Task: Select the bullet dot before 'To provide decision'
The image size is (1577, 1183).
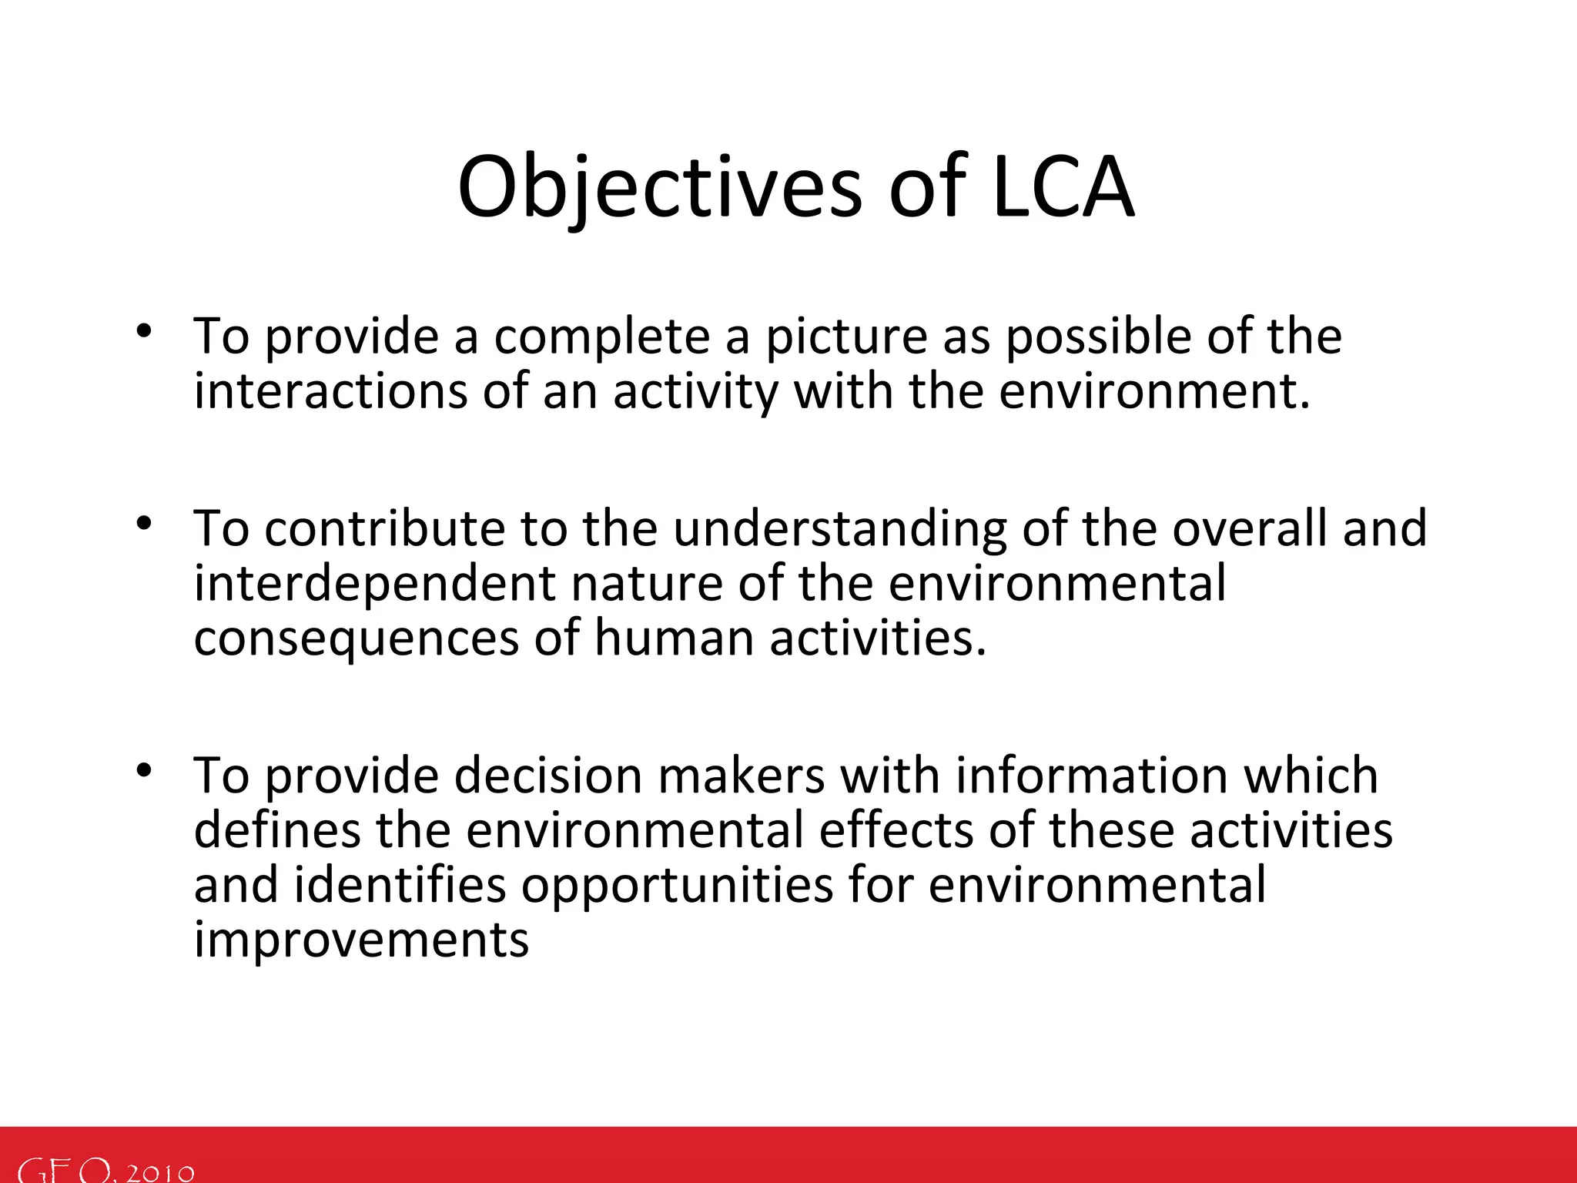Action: pos(143,771)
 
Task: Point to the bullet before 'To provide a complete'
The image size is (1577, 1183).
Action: pos(143,332)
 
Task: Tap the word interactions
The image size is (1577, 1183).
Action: pos(330,391)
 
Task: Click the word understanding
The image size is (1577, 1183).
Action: pos(839,531)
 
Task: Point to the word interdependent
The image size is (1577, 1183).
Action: pos(374,584)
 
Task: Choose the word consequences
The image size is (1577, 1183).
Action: pos(356,640)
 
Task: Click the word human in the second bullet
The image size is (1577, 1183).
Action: pos(673,638)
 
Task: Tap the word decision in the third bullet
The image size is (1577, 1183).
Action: pos(547,776)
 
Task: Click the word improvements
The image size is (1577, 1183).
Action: pos(361,940)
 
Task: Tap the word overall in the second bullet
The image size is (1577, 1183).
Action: pos(1250,529)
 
